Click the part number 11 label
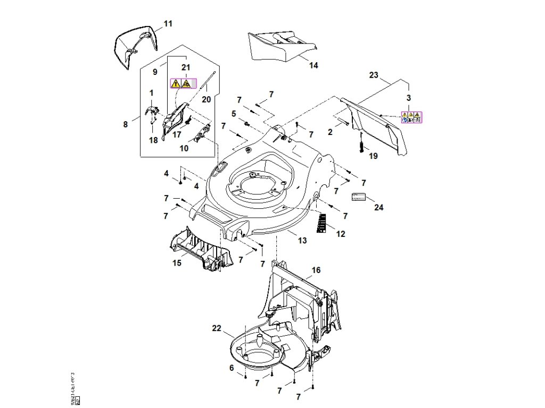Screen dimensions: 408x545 [x=168, y=24]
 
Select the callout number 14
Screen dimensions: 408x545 [x=313, y=65]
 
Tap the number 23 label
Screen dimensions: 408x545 [x=374, y=75]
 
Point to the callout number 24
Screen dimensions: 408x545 [x=378, y=208]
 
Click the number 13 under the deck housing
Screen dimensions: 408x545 [x=302, y=241]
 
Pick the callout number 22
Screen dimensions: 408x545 [x=217, y=329]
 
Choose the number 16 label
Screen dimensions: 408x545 [x=316, y=270]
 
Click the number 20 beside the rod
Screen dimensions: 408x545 [x=207, y=99]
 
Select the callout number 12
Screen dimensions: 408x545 [x=341, y=233]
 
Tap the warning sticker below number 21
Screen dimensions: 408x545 [x=181, y=83]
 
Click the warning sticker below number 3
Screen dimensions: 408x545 [x=411, y=117]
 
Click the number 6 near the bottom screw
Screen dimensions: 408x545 [x=232, y=368]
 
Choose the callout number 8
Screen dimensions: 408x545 [x=126, y=124]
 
